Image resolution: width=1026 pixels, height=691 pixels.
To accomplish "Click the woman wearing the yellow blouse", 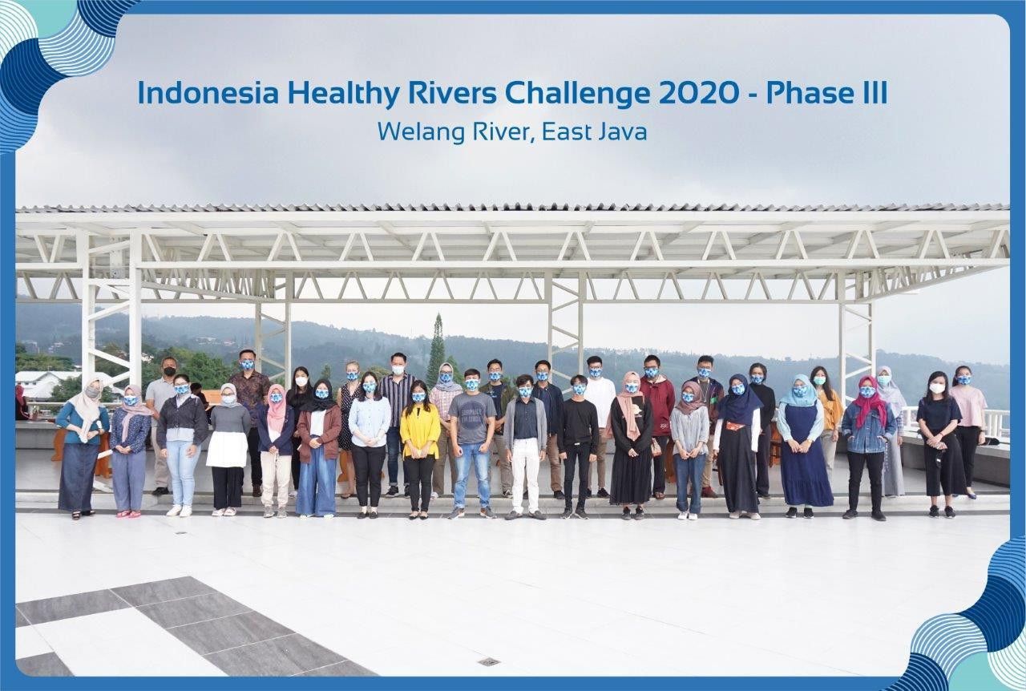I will pyautogui.click(x=419, y=433).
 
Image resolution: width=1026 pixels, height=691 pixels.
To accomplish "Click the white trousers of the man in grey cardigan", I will pyautogui.click(x=526, y=473).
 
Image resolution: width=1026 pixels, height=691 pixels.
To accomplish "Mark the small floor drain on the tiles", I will pyautogui.click(x=488, y=661).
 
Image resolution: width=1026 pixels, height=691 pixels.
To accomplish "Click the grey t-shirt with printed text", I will pyautogui.click(x=471, y=417).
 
